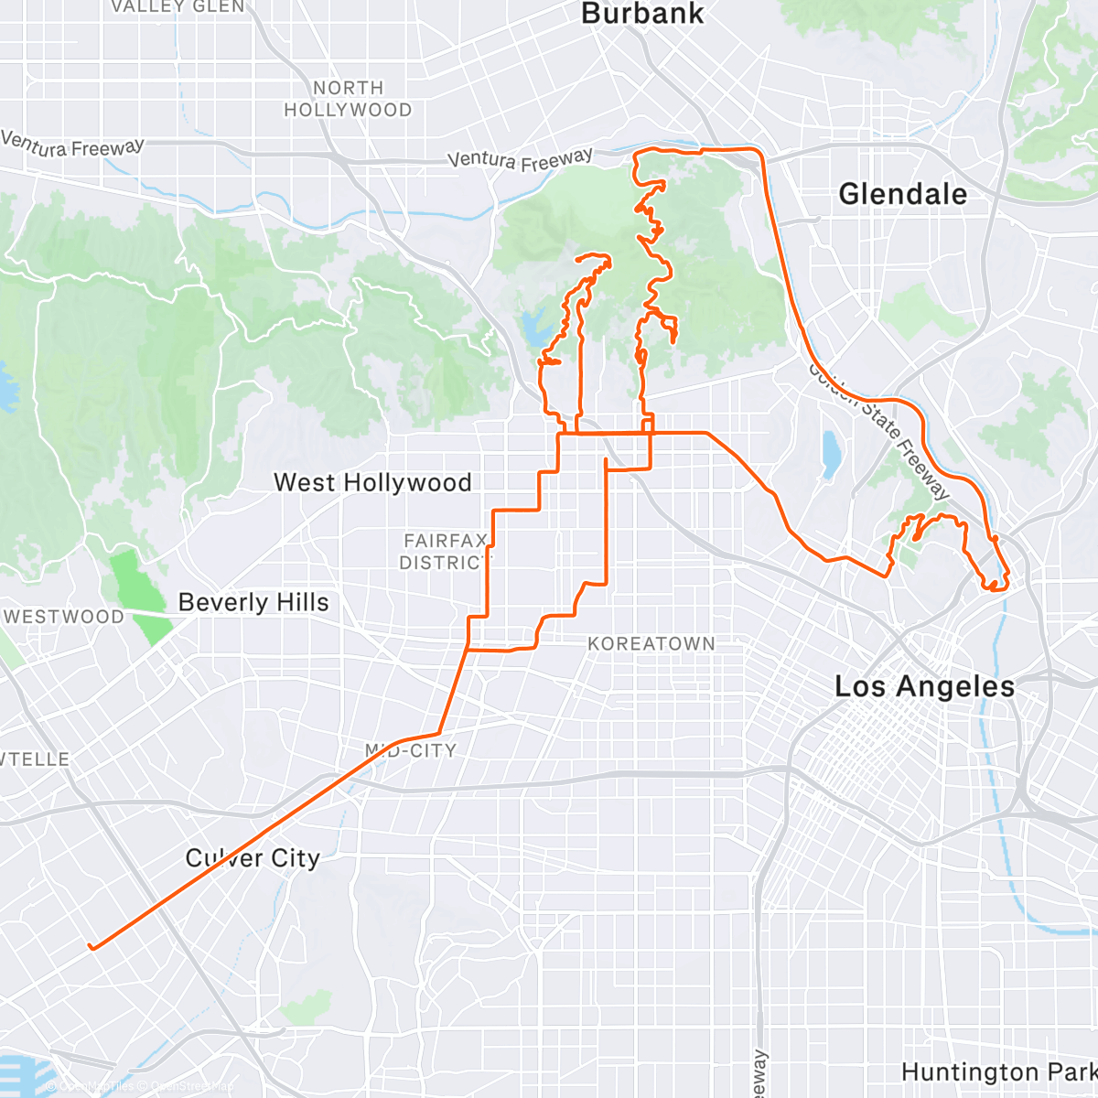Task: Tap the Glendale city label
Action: (x=902, y=194)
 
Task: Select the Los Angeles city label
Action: (x=924, y=686)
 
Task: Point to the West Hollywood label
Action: (x=372, y=482)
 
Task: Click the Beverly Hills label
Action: (x=253, y=602)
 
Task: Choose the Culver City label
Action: (x=253, y=858)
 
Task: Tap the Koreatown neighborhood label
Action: (x=651, y=644)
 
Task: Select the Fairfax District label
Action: (x=445, y=552)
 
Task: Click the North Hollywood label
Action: (x=348, y=99)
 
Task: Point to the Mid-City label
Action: (x=410, y=750)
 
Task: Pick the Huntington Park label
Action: (x=997, y=1071)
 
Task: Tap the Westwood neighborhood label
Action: (x=64, y=617)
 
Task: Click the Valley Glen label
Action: (x=178, y=7)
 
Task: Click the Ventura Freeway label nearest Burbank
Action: (x=520, y=160)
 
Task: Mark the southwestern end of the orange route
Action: (x=90, y=946)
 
